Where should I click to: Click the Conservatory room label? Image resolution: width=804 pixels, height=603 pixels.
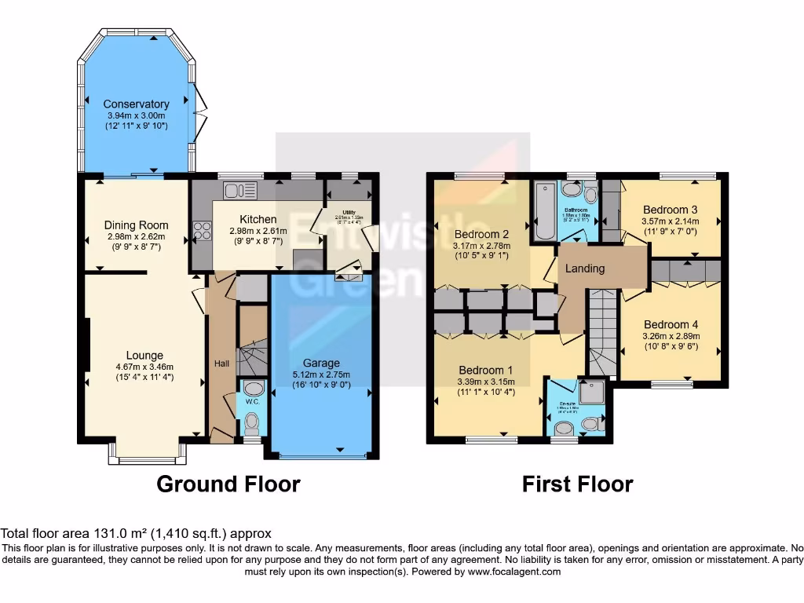136,104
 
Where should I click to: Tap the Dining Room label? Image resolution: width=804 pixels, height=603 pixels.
136,225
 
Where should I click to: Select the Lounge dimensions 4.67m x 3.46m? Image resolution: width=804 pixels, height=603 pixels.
144,366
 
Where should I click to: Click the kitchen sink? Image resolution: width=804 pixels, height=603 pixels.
234,190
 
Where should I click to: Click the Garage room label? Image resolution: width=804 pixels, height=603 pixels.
322,363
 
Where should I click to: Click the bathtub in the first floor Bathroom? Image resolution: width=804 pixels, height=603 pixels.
544,212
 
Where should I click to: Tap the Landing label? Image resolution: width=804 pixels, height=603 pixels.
586,269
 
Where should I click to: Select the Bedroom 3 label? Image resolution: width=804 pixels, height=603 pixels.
670,210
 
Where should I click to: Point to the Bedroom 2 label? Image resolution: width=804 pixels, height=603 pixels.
483,234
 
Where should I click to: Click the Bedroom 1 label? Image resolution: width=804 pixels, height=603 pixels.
486,370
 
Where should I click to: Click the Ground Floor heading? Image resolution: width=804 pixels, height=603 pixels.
228,484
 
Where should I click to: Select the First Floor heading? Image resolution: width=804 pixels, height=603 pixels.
577,484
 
